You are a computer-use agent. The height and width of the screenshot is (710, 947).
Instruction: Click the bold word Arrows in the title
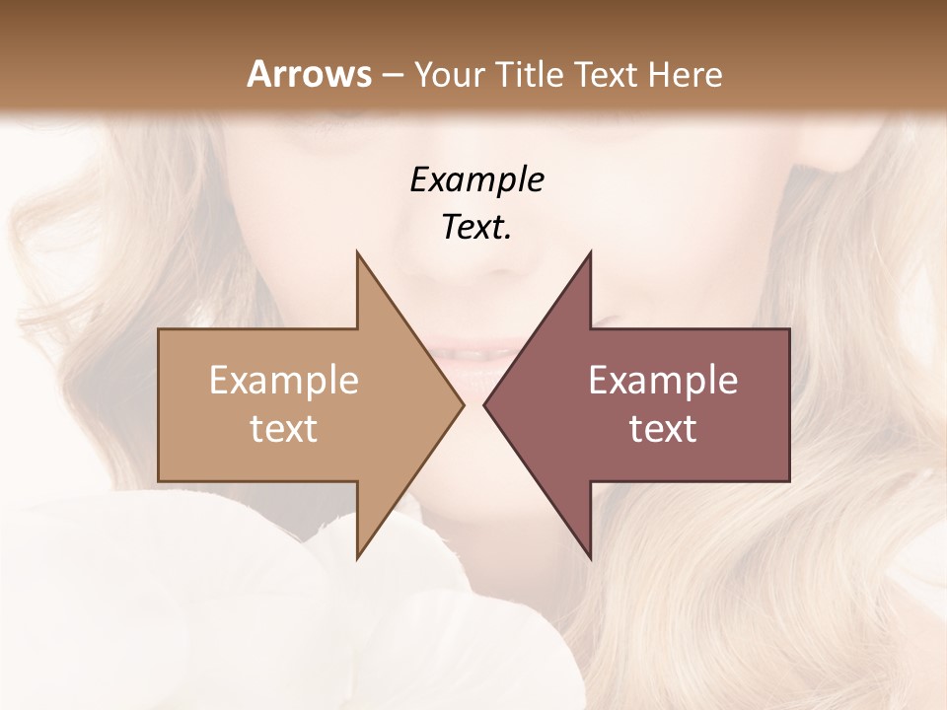point(308,74)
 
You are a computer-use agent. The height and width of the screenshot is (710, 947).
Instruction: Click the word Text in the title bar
point(605,74)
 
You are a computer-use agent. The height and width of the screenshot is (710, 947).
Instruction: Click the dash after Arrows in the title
point(392,75)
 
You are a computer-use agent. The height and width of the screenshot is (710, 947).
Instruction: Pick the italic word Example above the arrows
point(476,179)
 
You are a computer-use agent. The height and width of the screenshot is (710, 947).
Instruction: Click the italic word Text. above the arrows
point(476,227)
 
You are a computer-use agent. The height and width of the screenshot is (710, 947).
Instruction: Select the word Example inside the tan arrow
point(283,380)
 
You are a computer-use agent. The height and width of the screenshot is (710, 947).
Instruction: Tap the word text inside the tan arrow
point(283,429)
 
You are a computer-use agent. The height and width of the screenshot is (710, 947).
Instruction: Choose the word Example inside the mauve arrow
point(663,380)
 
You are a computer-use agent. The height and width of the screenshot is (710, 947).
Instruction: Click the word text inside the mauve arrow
point(663,429)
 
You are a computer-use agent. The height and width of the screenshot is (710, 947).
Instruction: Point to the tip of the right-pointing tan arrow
point(463,404)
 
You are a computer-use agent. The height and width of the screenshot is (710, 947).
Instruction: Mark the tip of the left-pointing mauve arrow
point(484,404)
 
